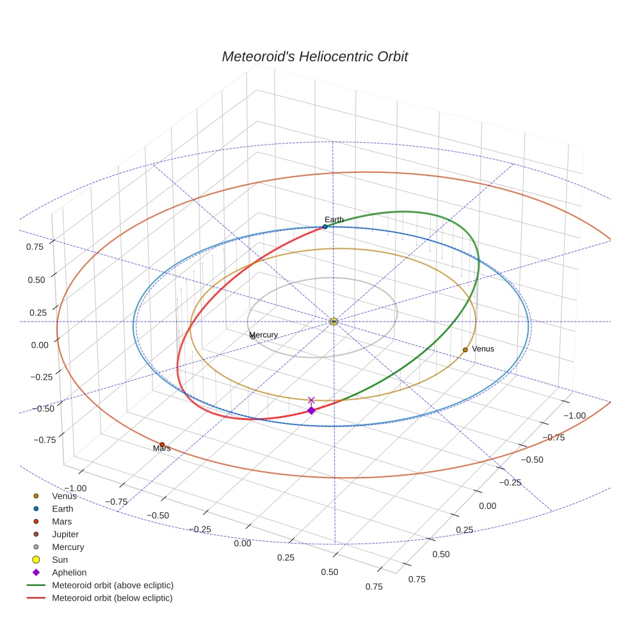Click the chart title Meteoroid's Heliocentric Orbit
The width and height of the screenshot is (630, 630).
314,56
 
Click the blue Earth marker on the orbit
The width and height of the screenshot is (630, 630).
325,227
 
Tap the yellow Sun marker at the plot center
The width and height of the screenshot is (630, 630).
334,321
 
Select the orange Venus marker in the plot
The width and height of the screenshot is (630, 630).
465,350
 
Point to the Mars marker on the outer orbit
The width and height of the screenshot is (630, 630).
162,444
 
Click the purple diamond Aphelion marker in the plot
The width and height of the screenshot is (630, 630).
311,410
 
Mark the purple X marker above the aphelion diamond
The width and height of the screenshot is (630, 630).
312,400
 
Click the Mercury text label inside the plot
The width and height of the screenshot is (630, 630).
263,335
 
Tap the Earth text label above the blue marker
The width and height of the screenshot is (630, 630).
334,220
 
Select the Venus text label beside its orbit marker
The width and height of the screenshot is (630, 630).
483,349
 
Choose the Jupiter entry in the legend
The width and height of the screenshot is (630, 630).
65,534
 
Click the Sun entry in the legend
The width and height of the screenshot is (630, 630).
60,560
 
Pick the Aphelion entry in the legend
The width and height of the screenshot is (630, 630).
69,572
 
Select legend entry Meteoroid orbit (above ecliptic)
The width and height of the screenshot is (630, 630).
113,585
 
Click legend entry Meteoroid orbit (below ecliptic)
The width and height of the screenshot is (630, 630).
112,598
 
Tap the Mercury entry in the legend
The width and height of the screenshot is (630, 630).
68,547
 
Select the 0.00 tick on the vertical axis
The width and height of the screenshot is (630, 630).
40,344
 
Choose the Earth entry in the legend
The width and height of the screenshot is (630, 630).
63,509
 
